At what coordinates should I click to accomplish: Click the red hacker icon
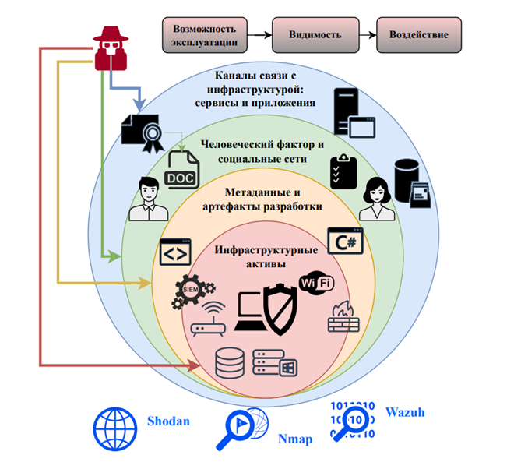(x=111, y=48)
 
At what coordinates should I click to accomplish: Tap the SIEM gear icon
(x=189, y=290)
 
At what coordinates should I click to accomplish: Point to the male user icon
(x=147, y=200)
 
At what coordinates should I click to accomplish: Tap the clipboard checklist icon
(x=343, y=169)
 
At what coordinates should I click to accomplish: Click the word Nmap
(x=295, y=439)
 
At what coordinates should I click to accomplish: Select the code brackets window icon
(x=175, y=254)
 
